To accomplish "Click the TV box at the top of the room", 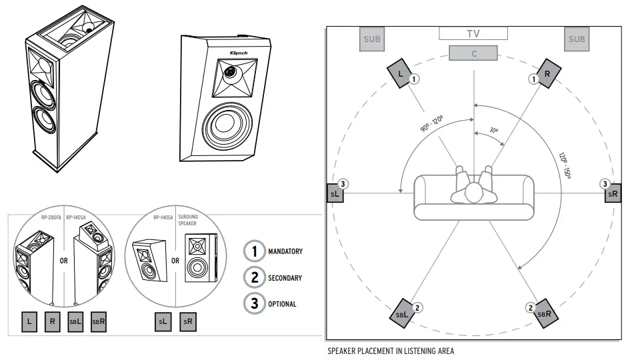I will [473, 33].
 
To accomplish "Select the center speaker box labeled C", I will [474, 53].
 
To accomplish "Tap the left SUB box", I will [372, 39].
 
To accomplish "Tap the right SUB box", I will [576, 39].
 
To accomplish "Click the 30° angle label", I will [493, 131].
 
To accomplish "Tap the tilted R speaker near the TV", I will [547, 74].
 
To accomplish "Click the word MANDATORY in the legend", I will [285, 251].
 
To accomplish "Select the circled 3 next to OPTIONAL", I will [254, 303].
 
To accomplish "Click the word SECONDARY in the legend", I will [285, 278].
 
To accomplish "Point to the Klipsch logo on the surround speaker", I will [239, 53].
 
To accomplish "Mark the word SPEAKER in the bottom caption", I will [343, 351].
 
